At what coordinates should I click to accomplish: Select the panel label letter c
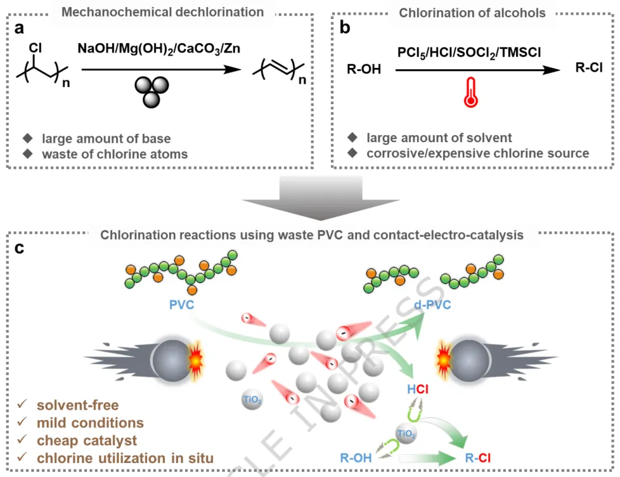click(20, 247)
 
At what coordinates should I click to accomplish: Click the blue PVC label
click(182, 305)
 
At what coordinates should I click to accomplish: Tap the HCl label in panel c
click(417, 389)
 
